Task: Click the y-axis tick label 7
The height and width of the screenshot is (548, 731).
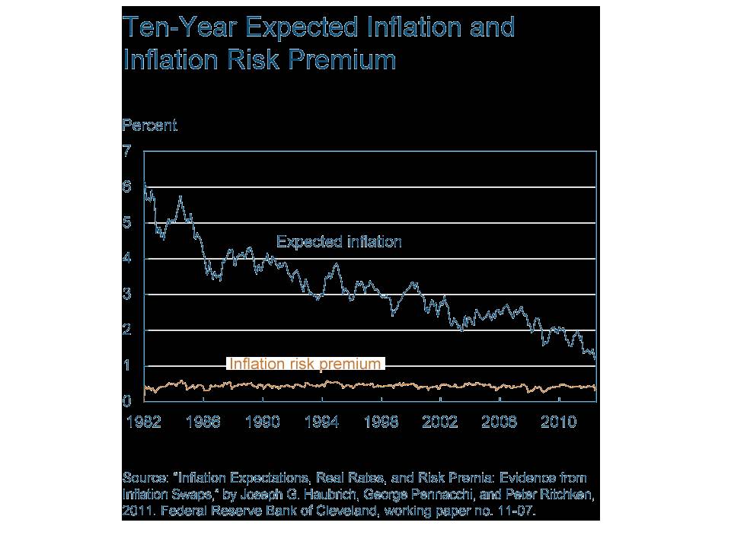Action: pos(127,151)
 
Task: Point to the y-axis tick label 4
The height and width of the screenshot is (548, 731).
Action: pos(127,258)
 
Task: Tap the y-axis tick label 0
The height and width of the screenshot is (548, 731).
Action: pos(127,401)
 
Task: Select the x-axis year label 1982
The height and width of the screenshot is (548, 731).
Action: pos(142,422)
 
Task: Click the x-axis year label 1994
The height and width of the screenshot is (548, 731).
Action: pos(321,422)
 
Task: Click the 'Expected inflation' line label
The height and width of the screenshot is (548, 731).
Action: pos(338,242)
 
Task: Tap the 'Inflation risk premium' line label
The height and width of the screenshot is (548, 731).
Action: pos(305,365)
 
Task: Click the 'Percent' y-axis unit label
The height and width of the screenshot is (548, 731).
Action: pos(149,126)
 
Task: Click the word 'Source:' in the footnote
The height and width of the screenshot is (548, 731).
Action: pos(146,478)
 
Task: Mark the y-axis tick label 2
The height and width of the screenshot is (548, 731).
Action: pos(127,330)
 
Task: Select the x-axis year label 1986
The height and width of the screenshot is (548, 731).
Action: pos(203,422)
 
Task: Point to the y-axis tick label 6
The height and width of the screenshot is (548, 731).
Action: pos(127,186)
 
